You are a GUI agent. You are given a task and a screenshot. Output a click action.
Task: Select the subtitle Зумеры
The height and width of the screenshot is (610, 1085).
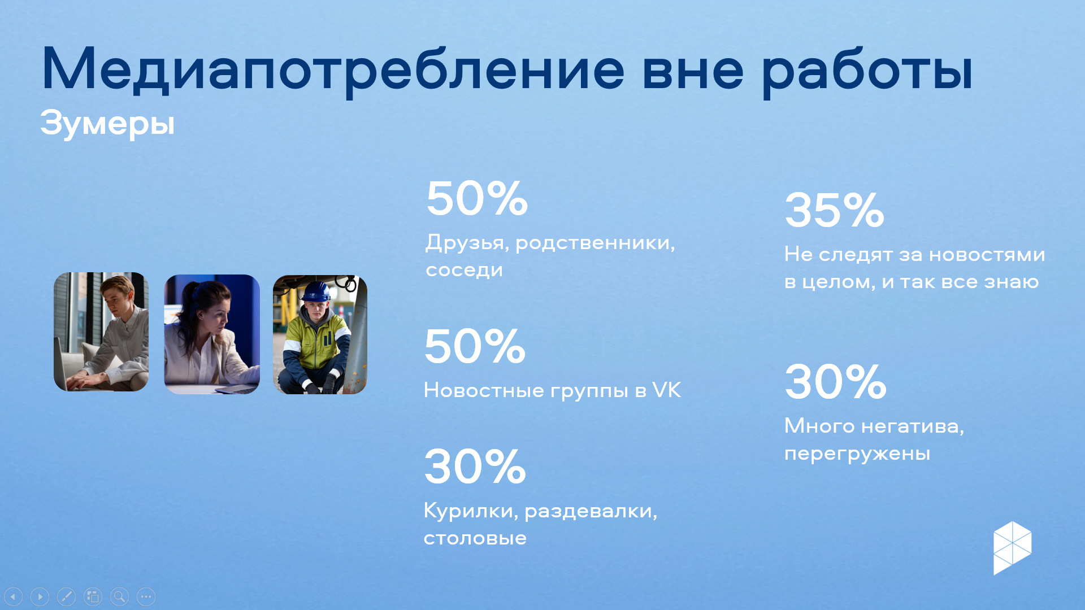107,124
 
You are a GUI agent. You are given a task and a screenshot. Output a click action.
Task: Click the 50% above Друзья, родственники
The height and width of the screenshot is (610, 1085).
477,198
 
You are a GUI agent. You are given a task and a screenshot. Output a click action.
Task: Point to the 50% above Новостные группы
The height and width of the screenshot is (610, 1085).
475,346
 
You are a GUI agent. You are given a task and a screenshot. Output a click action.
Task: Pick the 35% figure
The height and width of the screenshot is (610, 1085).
835,210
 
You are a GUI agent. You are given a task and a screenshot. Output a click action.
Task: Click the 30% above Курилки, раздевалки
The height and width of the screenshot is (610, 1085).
475,467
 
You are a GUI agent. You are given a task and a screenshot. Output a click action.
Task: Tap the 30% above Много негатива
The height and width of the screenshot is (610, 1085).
836,382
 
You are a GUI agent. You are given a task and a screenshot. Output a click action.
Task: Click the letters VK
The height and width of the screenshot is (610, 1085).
667,390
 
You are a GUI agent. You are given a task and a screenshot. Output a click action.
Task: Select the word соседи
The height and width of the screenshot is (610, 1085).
464,270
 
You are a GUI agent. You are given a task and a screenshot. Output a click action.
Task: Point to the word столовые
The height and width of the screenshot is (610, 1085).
475,538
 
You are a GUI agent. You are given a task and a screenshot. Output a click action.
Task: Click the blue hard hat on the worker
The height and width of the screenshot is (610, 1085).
316,291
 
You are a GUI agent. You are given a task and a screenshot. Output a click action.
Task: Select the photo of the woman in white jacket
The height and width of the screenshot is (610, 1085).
212,334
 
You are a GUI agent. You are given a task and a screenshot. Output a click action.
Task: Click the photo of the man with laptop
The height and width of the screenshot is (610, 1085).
101,332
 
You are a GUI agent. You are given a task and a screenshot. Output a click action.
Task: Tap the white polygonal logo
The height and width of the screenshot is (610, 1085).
1013,548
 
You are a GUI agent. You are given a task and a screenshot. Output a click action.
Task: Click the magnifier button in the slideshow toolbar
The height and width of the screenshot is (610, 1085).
119,596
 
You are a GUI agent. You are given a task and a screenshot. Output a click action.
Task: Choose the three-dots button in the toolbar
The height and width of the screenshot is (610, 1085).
146,596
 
